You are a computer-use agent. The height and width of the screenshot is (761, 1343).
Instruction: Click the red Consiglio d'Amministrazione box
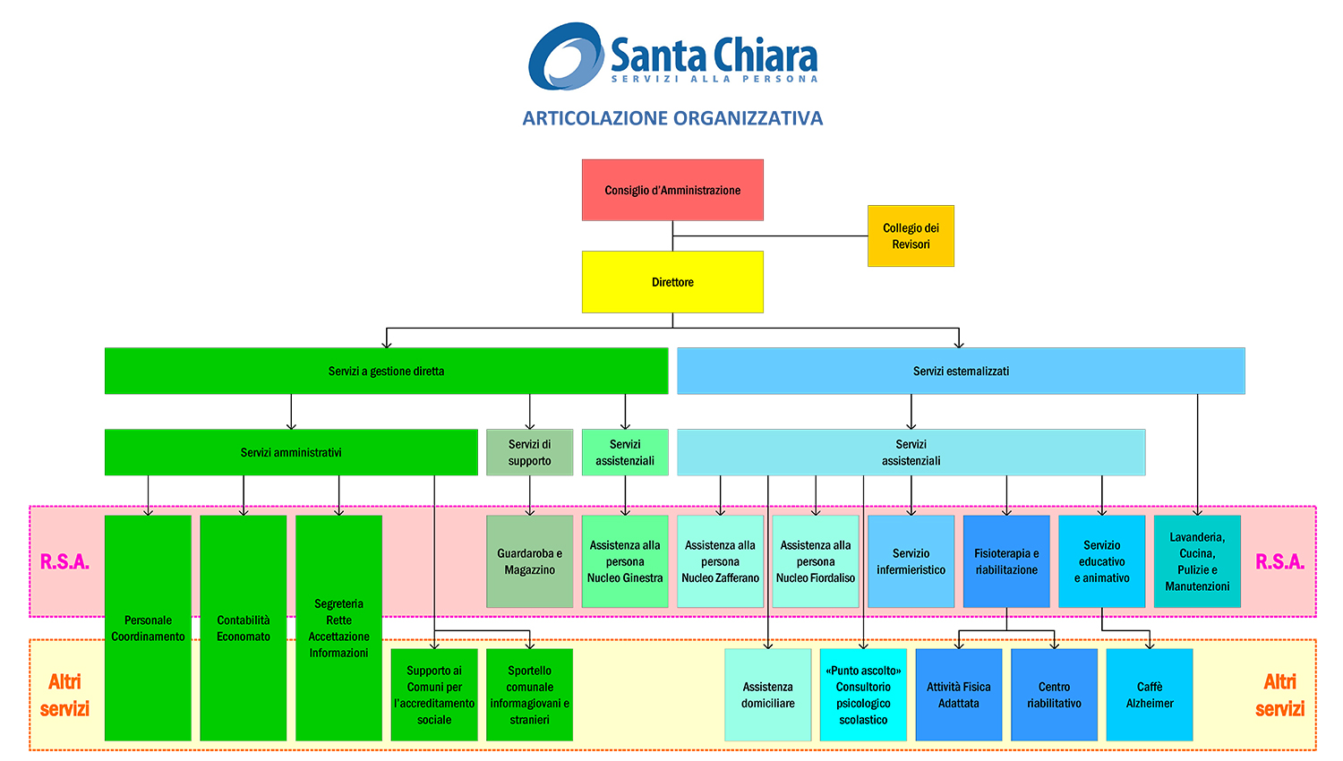coord(672,190)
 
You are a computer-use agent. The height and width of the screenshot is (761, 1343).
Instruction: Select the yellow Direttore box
coord(672,282)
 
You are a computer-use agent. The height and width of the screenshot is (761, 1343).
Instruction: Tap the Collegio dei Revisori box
coord(911,236)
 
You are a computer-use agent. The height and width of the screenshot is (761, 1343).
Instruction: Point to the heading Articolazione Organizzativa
coord(672,118)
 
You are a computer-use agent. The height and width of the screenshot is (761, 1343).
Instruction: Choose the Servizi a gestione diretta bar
coord(386,371)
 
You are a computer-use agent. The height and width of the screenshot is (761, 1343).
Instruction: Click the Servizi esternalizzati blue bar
coord(961,371)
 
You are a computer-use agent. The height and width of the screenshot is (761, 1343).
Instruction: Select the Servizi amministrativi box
coord(291,452)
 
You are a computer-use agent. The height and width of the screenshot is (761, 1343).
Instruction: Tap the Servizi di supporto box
coord(529,452)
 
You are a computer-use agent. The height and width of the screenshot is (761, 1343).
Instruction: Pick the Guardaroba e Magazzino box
coord(529,561)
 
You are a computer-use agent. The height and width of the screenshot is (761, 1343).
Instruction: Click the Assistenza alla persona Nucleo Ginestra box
coord(625,561)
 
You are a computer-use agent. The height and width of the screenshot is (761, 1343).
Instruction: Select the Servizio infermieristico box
coord(911,561)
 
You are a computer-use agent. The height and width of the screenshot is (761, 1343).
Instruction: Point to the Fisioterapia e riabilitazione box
coord(1006,561)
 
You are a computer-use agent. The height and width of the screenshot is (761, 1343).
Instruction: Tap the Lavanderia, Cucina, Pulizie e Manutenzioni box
coord(1197,561)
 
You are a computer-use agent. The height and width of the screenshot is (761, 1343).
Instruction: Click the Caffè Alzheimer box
coord(1150,695)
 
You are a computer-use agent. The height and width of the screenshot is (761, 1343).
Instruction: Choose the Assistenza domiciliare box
coord(767,695)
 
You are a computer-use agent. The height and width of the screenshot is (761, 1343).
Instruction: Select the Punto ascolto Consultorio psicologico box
coord(863,695)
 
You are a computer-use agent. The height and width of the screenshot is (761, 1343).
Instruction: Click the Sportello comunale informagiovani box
coord(529,695)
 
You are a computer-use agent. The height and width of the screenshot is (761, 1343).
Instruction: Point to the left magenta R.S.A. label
coord(64,561)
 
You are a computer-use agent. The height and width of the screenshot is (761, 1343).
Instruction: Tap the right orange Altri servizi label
coord(1279,695)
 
